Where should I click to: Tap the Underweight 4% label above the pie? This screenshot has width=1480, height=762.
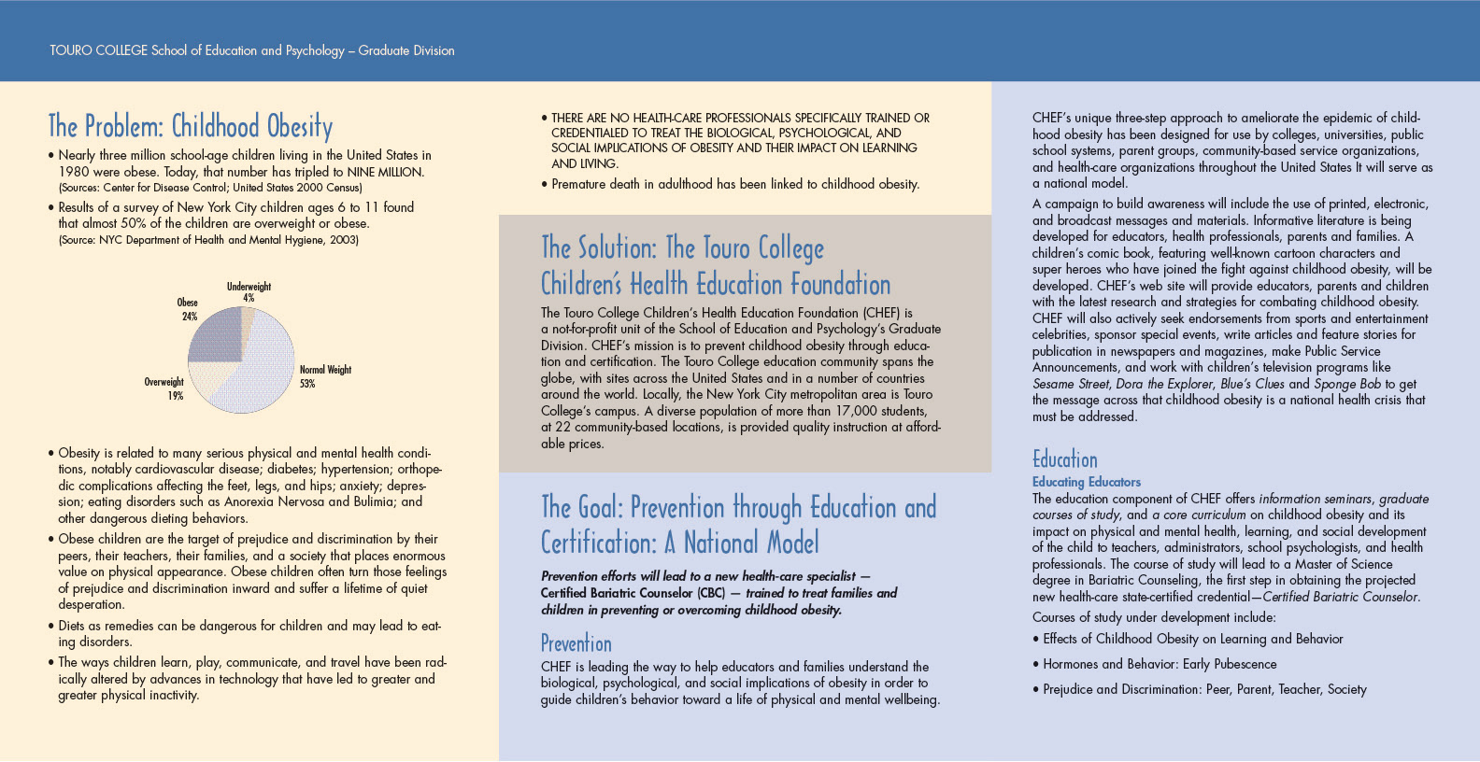coord(249,292)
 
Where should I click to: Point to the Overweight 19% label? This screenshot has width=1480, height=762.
coord(164,388)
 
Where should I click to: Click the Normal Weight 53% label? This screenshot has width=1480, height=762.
coord(324,376)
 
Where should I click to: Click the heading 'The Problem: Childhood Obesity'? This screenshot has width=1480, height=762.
coord(191,126)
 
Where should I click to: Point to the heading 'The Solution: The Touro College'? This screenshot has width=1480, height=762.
coord(682,248)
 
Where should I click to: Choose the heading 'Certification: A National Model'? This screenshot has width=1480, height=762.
coord(679,543)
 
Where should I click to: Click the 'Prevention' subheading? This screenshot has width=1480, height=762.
coord(576,643)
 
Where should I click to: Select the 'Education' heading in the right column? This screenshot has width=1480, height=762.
coord(1064,459)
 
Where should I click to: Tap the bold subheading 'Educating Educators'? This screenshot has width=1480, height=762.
coord(1086,482)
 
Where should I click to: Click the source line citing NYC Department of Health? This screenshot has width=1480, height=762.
coord(208,240)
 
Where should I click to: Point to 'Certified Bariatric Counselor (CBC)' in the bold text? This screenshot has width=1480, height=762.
coord(633,593)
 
